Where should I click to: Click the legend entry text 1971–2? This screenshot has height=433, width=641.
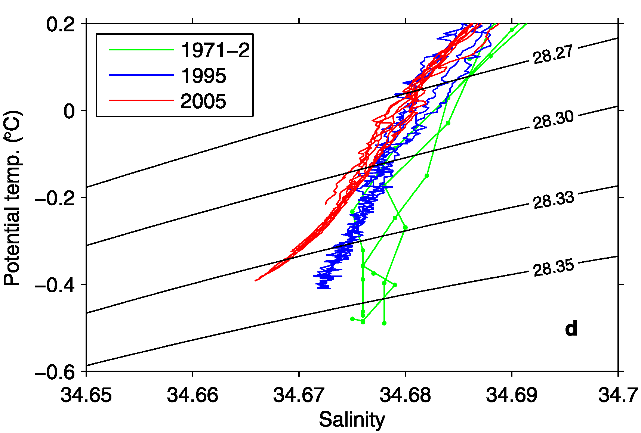(215, 50)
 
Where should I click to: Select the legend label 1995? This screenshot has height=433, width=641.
(203, 76)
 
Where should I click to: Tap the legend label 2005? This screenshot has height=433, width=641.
(203, 101)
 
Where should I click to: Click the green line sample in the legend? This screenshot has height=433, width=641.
(141, 50)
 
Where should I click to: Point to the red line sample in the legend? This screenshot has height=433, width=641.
(141, 100)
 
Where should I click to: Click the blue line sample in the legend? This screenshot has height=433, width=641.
(141, 75)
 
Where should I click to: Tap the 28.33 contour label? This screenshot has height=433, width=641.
(553, 200)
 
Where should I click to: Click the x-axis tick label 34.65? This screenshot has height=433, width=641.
(86, 395)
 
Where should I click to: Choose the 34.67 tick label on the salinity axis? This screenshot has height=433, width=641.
(299, 395)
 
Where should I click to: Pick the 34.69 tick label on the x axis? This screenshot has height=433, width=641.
(511, 395)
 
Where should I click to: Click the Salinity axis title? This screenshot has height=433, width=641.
(352, 420)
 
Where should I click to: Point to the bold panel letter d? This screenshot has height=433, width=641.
(571, 328)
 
